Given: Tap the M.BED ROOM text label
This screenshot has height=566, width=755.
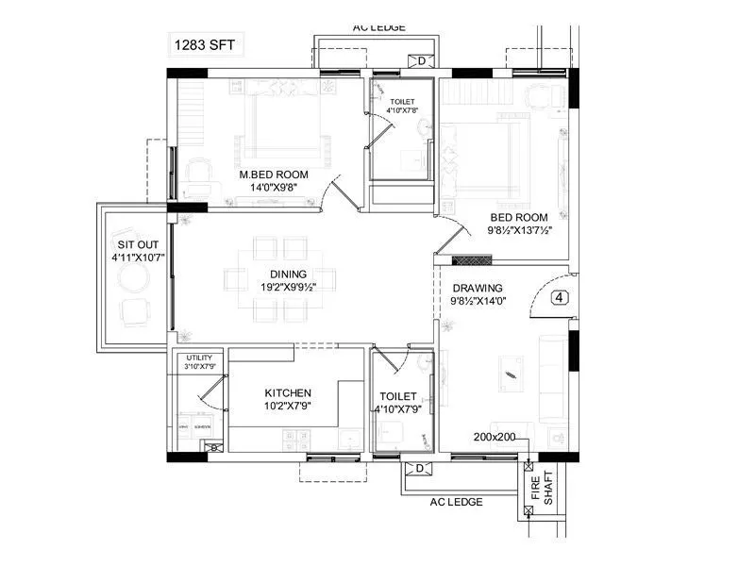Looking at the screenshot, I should click(x=273, y=175).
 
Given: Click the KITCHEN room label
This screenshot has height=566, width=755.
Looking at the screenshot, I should click(x=288, y=392).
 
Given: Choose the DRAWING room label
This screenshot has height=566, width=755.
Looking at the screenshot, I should click(x=478, y=289).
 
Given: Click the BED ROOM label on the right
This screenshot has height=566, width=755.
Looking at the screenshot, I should click(x=518, y=217).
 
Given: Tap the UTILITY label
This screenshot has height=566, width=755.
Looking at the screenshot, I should click(x=199, y=358).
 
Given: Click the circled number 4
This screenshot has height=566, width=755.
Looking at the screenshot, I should click(x=561, y=297).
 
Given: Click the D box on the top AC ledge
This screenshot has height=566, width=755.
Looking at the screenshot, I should click(x=421, y=61).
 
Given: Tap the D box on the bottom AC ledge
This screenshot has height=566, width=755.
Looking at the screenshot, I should click(x=415, y=468).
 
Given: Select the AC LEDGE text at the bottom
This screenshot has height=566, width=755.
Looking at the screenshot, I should click(x=458, y=502).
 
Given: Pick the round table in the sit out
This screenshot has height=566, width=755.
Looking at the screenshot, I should click(x=133, y=278).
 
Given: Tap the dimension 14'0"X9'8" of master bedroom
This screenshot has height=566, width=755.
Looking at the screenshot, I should click(x=273, y=188).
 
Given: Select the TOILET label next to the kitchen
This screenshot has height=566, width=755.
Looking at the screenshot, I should click(x=396, y=397).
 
